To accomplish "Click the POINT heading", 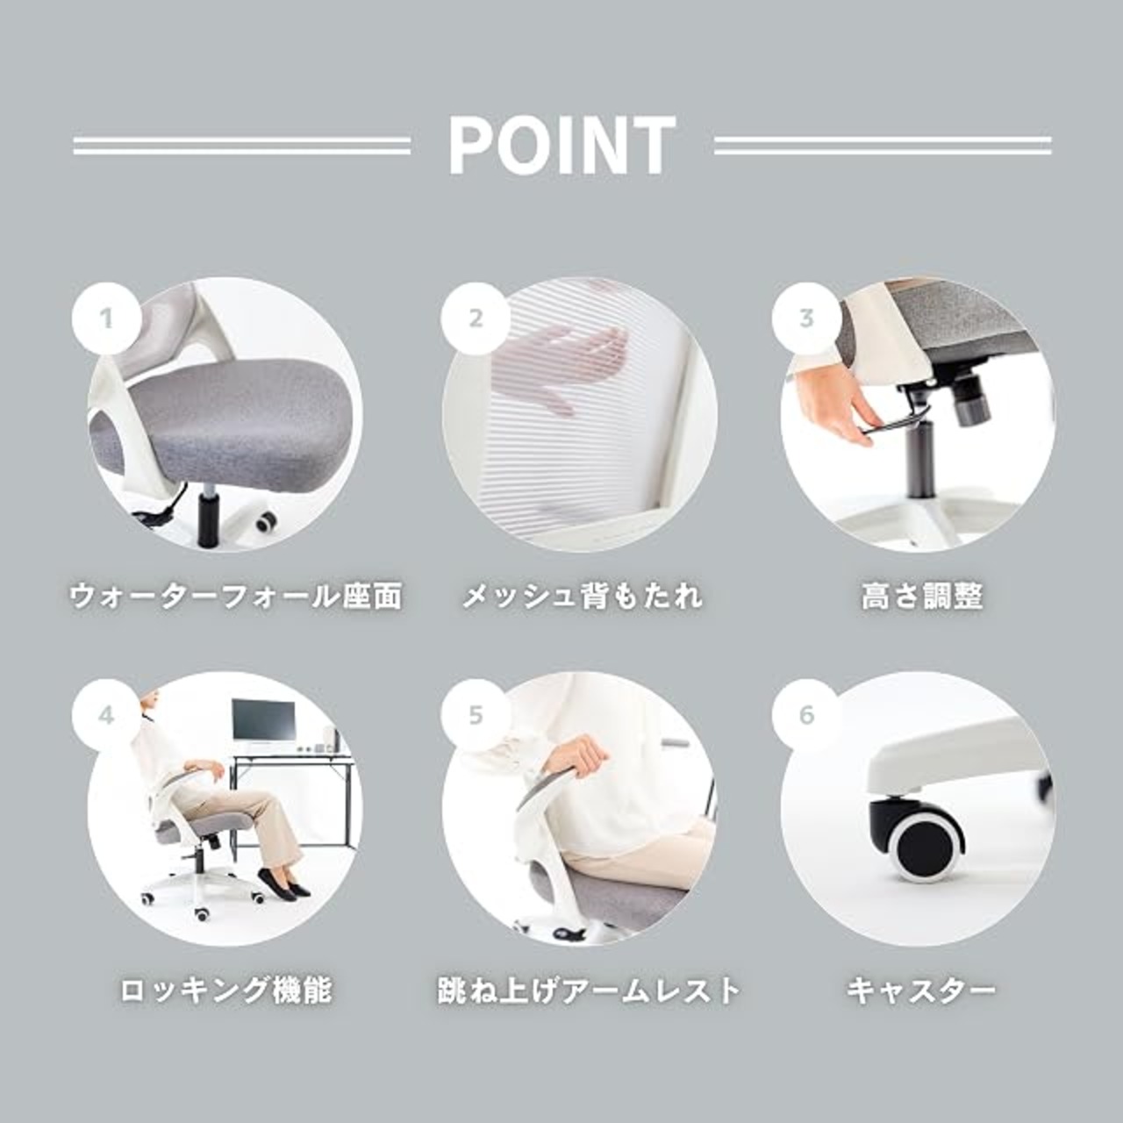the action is click(561, 145).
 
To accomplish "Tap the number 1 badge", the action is click(107, 318).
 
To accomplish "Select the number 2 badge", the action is click(476, 318).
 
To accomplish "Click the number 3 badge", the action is click(806, 318).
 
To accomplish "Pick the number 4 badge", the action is click(107, 715).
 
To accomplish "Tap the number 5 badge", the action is click(476, 715).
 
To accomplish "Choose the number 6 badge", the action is click(806, 715).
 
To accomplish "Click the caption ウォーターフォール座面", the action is click(235, 597).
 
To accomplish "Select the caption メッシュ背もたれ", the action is click(583, 597).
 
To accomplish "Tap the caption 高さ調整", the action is click(922, 597).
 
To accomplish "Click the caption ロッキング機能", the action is click(225, 991).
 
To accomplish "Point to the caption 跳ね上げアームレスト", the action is click(589, 991).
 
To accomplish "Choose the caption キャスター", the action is click(921, 991).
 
